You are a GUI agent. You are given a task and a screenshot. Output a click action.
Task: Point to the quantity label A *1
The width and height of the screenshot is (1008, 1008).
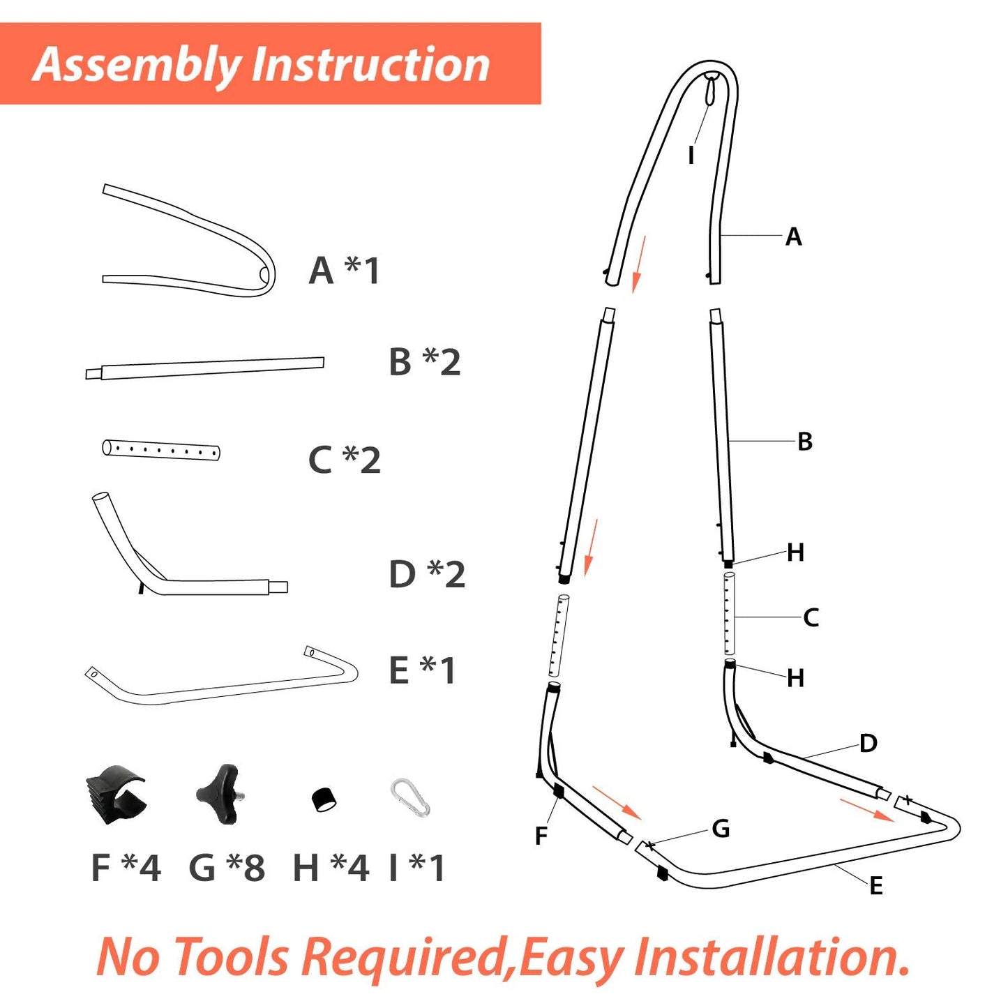tap(344, 271)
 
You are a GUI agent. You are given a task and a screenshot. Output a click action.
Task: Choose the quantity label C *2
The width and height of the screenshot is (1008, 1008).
tap(345, 460)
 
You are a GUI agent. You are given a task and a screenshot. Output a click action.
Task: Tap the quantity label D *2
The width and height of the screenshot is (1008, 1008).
tap(427, 574)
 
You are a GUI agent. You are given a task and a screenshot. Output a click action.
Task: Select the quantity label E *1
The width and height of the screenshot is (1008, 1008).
tap(422, 670)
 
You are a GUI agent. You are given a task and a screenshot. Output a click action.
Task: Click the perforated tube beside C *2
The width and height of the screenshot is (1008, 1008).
tap(160, 450)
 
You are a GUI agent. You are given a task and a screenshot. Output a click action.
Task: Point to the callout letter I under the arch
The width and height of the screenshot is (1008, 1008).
tap(691, 156)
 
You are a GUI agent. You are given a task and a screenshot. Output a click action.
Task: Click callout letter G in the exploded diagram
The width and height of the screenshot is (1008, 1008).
tap(721, 829)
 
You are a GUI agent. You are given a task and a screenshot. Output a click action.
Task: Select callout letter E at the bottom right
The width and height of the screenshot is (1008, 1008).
tap(876, 886)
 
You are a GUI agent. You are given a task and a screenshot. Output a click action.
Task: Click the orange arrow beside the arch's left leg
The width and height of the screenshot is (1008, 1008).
tap(639, 264)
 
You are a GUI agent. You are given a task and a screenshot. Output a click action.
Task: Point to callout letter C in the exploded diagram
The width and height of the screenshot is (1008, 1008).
tap(811, 617)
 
